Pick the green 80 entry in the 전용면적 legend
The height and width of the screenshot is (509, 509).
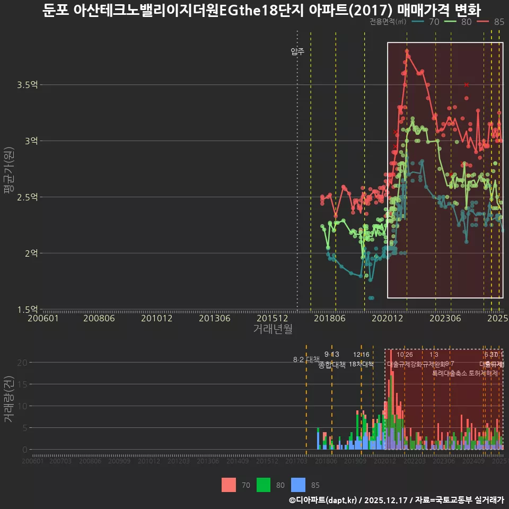click(x=458, y=22)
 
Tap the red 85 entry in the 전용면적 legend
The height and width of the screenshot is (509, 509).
click(x=490, y=22)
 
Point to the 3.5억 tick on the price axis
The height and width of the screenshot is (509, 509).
click(x=27, y=85)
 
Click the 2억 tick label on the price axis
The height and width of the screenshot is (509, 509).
click(x=31, y=253)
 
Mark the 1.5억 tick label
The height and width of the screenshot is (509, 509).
click(x=27, y=310)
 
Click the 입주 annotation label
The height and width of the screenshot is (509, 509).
click(x=297, y=51)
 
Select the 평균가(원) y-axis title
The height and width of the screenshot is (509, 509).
click(x=8, y=169)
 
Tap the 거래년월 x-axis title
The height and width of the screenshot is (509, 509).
click(x=273, y=329)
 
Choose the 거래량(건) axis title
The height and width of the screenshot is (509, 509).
click(x=8, y=399)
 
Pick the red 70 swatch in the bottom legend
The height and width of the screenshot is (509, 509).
click(x=229, y=485)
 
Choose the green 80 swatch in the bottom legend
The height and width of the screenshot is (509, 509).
click(x=264, y=485)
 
